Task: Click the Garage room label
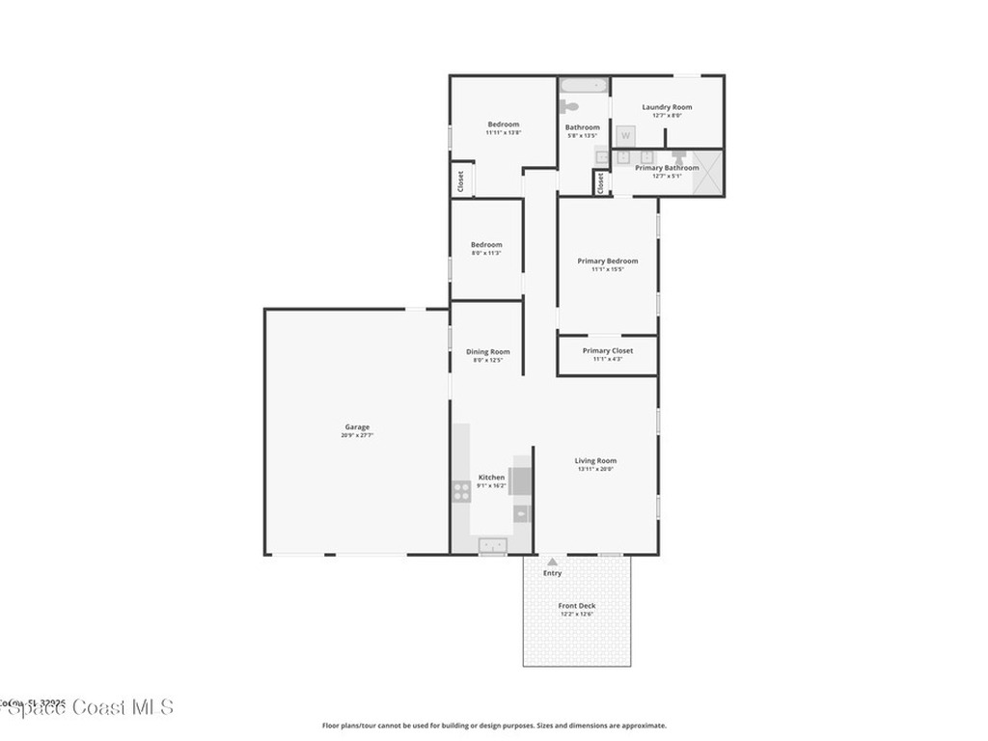pyautogui.click(x=357, y=426)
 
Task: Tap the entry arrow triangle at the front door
pyautogui.click(x=552, y=562)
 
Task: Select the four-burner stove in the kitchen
pyautogui.click(x=461, y=492)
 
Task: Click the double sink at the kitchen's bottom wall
pyautogui.click(x=493, y=546)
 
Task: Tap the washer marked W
pyautogui.click(x=625, y=136)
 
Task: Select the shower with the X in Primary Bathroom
pyautogui.click(x=707, y=173)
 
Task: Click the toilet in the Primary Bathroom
pyautogui.click(x=678, y=155)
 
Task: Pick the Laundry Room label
pyautogui.click(x=667, y=107)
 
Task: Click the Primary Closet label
pyautogui.click(x=608, y=350)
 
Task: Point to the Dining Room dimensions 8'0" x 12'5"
pyautogui.click(x=487, y=360)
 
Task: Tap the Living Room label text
pyautogui.click(x=595, y=460)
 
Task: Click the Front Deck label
pyautogui.click(x=577, y=605)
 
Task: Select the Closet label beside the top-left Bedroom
pyautogui.click(x=460, y=180)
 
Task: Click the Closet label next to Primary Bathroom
pyautogui.click(x=599, y=182)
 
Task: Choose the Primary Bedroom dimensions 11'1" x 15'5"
pyautogui.click(x=607, y=269)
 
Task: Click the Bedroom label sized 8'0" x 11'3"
pyautogui.click(x=486, y=244)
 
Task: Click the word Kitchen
pyautogui.click(x=491, y=477)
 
